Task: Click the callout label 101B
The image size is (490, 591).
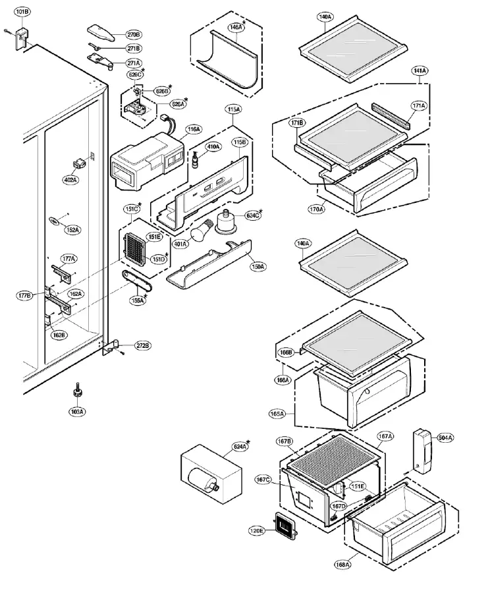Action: point(22,13)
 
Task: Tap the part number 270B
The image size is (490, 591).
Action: point(134,34)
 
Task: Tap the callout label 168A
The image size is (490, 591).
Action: point(343,564)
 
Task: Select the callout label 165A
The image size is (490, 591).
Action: point(277,414)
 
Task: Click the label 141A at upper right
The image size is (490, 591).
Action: point(420,70)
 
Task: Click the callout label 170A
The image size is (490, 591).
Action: point(317,209)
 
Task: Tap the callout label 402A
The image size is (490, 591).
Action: point(70,179)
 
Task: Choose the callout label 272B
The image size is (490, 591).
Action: point(143,345)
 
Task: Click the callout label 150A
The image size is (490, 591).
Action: point(259,267)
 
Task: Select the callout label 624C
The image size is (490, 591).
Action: point(254,214)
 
